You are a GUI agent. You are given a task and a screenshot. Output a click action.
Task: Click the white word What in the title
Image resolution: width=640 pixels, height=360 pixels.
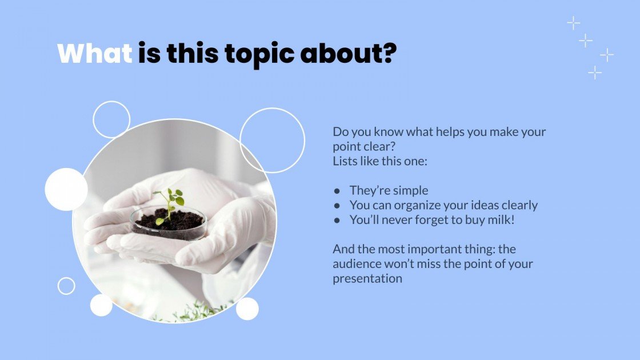pyautogui.click(x=95, y=54)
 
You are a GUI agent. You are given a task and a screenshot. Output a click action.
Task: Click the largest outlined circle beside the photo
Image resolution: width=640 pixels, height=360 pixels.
pyautogui.click(x=272, y=140)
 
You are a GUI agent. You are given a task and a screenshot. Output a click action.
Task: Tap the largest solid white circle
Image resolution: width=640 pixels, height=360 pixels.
pyautogui.click(x=66, y=189)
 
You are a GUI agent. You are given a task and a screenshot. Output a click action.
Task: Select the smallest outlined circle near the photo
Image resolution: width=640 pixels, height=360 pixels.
pyautogui.click(x=66, y=286)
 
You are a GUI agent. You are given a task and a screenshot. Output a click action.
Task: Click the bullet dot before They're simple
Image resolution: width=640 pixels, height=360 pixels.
pyautogui.click(x=337, y=191)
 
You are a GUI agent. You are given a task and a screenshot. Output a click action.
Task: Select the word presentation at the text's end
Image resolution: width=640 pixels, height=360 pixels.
pyautogui.click(x=367, y=279)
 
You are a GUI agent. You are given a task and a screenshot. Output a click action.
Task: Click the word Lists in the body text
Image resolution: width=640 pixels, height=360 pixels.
pyautogui.click(x=346, y=161)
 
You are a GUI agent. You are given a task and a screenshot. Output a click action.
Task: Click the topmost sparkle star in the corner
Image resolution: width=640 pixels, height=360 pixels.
pyautogui.click(x=573, y=23)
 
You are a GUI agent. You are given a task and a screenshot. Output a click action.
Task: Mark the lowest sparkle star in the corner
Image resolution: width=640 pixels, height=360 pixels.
pyautogui.click(x=595, y=73)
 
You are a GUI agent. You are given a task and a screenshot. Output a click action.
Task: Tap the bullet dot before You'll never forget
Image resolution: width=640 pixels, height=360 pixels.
pyautogui.click(x=337, y=220)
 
